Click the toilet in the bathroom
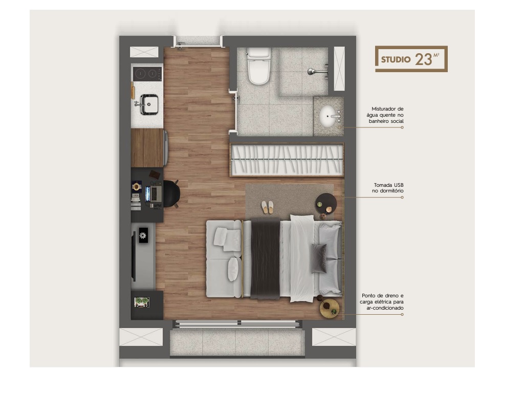point(258,67)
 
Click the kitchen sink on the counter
point(147,104)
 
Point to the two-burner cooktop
point(147,74)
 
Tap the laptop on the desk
point(153,193)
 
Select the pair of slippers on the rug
point(268,207)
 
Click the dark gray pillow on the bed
point(319,258)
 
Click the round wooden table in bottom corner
point(330,308)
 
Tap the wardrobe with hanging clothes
point(286,160)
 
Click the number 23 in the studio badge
point(424,59)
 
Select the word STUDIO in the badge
point(396,59)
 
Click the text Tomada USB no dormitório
point(387,188)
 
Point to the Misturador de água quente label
point(387,115)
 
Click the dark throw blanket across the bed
point(265,258)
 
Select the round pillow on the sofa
point(233,268)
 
